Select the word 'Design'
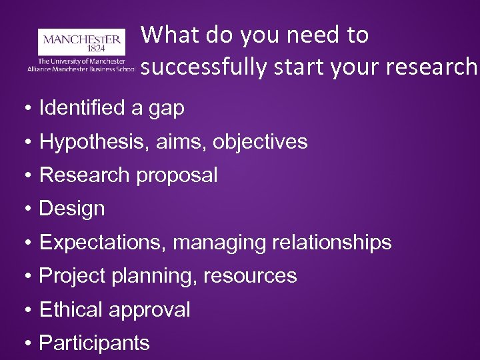72,209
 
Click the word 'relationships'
331,243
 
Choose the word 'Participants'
95,343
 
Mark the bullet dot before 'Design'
27,209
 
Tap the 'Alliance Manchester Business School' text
81,69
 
